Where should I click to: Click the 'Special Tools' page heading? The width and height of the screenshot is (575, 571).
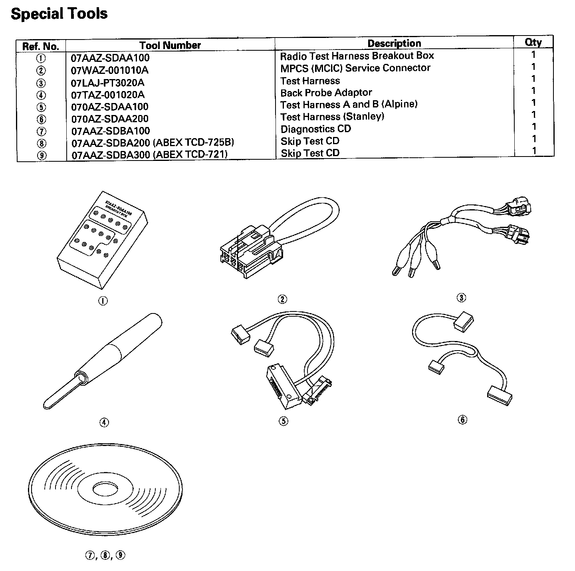pyautogui.click(x=59, y=14)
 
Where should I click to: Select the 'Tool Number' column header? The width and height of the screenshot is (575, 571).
pyautogui.click(x=170, y=45)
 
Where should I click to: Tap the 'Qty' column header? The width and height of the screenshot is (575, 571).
pyautogui.click(x=533, y=42)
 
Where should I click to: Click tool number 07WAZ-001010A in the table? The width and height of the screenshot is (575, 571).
pyautogui.click(x=110, y=70)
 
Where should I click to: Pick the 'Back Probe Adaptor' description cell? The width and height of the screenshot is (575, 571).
pyautogui.click(x=326, y=93)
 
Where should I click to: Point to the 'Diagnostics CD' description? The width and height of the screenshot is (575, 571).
pyautogui.click(x=315, y=129)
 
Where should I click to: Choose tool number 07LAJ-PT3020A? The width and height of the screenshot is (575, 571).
pyautogui.click(x=107, y=83)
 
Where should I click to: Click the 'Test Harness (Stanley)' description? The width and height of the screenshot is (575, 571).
pyautogui.click(x=332, y=117)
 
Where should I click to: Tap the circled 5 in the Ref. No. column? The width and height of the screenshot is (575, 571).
pyautogui.click(x=41, y=107)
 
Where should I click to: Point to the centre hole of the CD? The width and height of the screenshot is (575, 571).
pyautogui.click(x=105, y=488)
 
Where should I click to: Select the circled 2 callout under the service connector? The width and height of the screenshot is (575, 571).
pyautogui.click(x=282, y=299)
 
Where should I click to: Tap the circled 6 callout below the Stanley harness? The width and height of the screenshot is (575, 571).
pyautogui.click(x=462, y=420)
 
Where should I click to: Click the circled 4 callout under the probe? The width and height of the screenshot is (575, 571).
pyautogui.click(x=104, y=422)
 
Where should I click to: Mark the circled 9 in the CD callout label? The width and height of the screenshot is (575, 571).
pyautogui.click(x=120, y=555)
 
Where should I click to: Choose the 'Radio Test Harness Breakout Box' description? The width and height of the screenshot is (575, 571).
pyautogui.click(x=357, y=56)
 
